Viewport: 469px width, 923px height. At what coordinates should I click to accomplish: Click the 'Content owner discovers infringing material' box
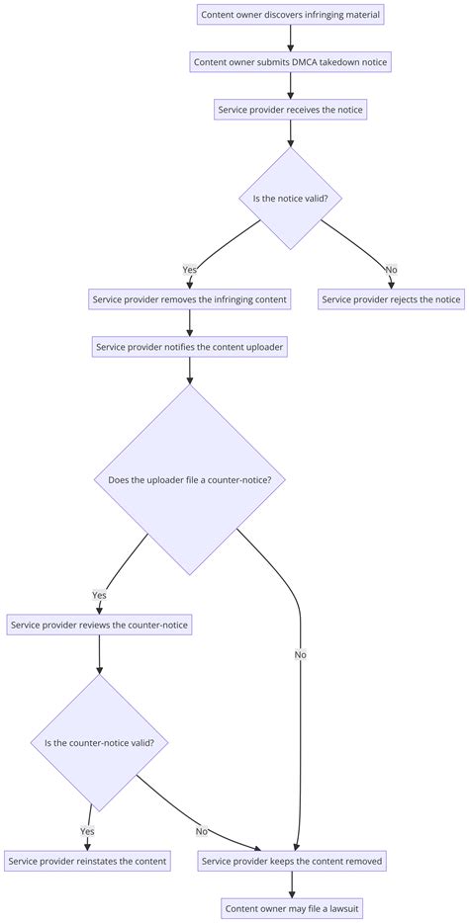[290, 15]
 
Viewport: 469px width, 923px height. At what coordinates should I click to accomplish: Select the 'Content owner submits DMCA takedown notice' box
[290, 62]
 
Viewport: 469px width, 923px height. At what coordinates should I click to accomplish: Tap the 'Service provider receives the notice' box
[290, 110]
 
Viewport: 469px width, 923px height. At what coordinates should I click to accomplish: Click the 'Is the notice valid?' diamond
[290, 198]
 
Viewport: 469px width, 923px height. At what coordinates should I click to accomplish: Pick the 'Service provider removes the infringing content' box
[189, 299]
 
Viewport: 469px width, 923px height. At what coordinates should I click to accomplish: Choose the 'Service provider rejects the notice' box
[391, 299]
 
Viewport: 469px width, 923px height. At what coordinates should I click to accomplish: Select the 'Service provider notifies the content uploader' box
[189, 347]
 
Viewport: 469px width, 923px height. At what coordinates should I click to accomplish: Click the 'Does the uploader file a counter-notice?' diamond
[189, 480]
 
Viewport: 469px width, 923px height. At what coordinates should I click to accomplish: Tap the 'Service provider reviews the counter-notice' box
[99, 625]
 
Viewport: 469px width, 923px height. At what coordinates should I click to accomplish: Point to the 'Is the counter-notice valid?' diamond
[99, 743]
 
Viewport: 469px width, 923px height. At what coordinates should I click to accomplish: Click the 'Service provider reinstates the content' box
[87, 861]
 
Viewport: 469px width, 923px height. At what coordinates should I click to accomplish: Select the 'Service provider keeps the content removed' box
[291, 861]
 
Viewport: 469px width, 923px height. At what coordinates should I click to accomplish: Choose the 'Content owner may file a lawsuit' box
[291, 908]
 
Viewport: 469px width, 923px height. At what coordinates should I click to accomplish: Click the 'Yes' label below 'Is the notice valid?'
[189, 269]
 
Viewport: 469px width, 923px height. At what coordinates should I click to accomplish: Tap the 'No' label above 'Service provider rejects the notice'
[391, 269]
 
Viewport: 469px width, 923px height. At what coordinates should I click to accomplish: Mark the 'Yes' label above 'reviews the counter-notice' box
[99, 595]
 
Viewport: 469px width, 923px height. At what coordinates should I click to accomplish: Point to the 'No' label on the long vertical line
[299, 654]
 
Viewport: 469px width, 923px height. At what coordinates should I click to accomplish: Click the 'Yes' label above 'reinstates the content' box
[87, 831]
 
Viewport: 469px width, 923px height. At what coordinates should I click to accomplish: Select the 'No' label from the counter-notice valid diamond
[202, 831]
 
